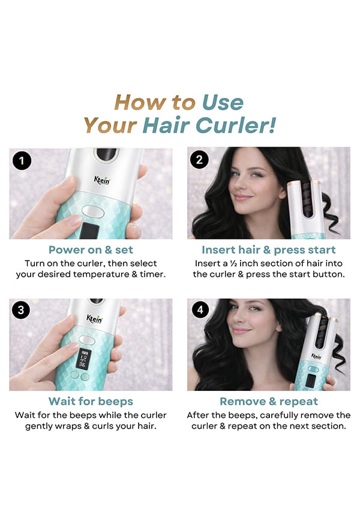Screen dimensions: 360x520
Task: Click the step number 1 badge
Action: (x=22, y=161)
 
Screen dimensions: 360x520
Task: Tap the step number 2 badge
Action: (x=199, y=160)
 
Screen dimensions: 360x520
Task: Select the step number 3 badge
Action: (x=21, y=310)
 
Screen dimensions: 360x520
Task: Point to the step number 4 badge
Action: (x=200, y=310)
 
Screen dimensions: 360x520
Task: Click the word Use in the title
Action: (x=223, y=103)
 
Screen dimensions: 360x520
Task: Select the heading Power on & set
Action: (x=91, y=250)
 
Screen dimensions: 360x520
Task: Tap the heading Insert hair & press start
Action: (x=269, y=250)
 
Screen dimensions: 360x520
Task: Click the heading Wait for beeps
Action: (x=91, y=401)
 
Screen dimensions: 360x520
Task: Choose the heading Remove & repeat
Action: (x=269, y=401)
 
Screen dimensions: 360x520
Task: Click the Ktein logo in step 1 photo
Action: (x=102, y=180)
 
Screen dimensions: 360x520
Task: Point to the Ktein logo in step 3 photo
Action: (x=94, y=319)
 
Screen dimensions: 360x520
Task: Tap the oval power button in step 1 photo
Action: (x=93, y=211)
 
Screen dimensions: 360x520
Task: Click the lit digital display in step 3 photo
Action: (x=83, y=359)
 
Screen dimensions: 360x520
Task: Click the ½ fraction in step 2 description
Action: (x=234, y=264)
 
